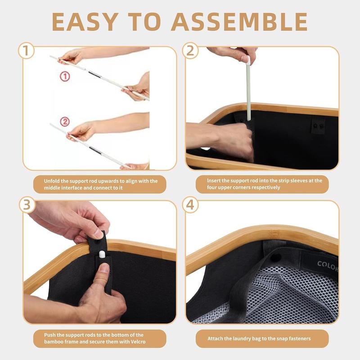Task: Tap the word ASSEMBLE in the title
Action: [x=239, y=22]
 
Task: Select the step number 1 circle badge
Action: [x=26, y=50]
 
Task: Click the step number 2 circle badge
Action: [x=190, y=50]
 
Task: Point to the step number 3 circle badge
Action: [x=27, y=205]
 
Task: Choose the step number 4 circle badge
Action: [x=190, y=205]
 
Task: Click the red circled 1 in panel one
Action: [x=65, y=76]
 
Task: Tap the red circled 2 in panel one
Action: [x=65, y=121]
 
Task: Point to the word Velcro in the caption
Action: [x=138, y=342]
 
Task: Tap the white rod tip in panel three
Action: [x=102, y=254]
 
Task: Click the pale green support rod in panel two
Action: [x=248, y=88]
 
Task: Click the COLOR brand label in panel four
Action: [x=328, y=265]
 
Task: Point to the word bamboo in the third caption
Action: [x=54, y=342]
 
